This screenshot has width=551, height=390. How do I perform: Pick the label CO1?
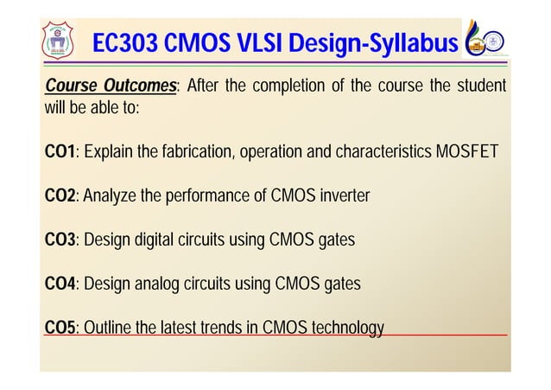click(x=60, y=153)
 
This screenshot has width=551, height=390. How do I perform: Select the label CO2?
click(x=60, y=197)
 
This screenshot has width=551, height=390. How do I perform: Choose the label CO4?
click(x=60, y=284)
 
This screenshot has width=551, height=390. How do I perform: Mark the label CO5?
click(x=60, y=328)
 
